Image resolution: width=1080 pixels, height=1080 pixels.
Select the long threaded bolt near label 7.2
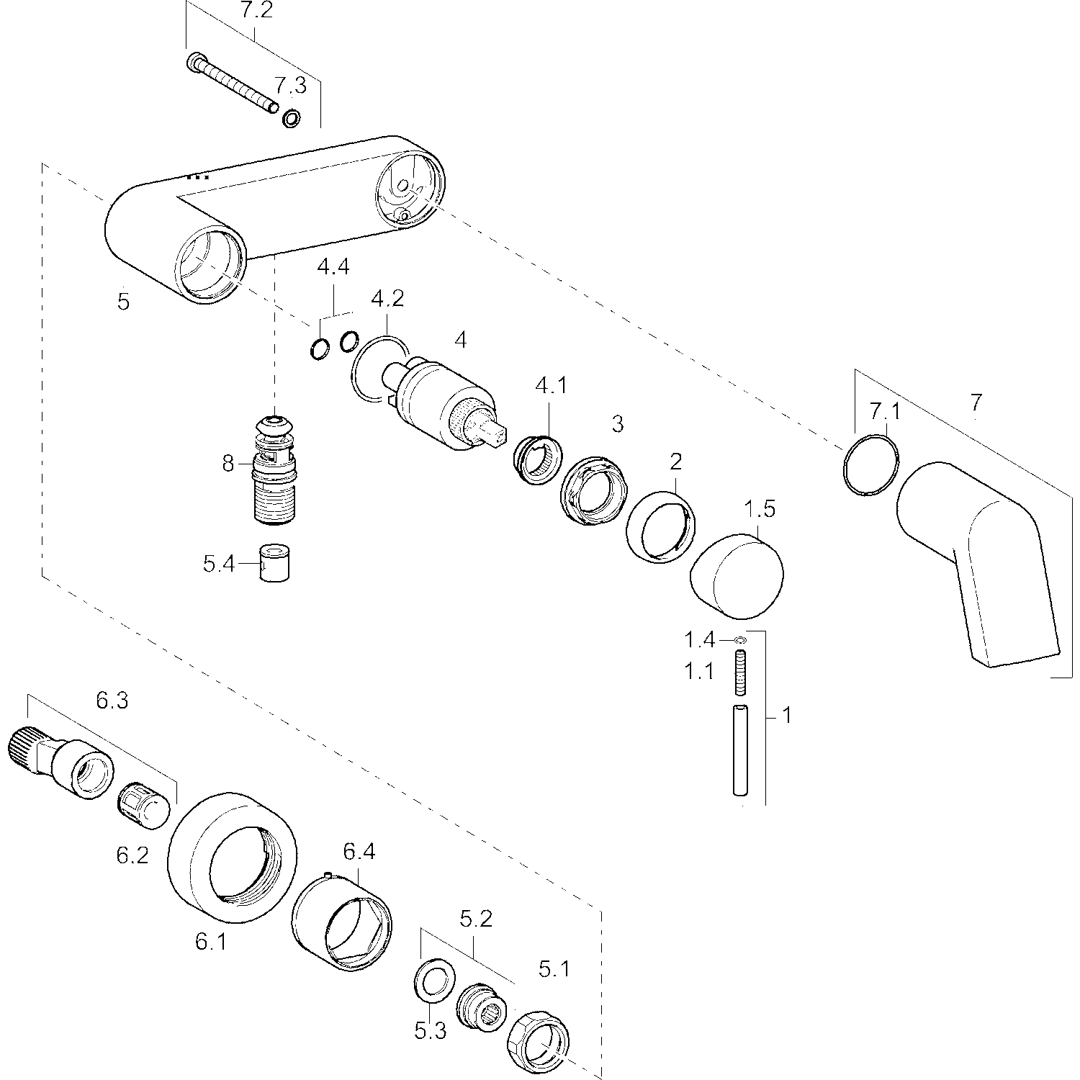point(232,84)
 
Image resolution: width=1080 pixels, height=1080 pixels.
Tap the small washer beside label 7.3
point(292,118)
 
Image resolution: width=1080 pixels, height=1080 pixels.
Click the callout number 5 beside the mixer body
point(124,302)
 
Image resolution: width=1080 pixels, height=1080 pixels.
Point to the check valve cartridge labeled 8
point(274,468)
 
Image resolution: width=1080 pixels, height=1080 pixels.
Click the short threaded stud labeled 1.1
point(740,672)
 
